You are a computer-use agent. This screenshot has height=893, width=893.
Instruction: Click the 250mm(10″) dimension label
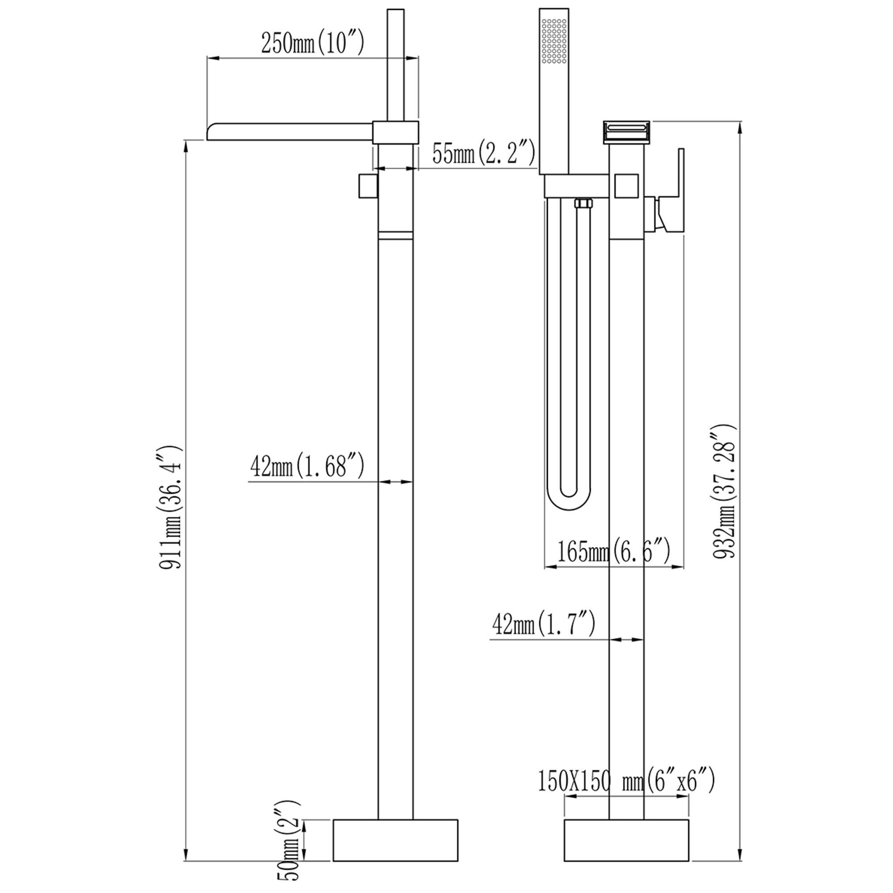[313, 43]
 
